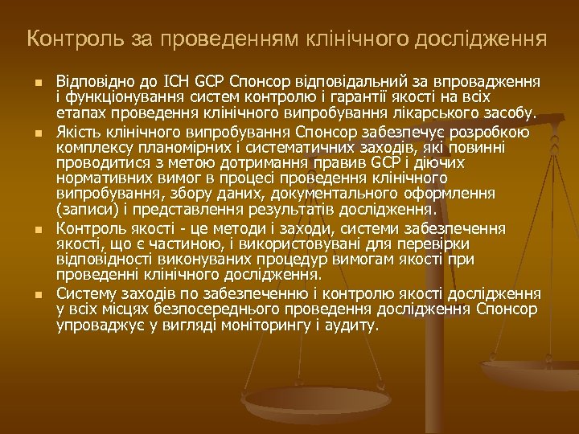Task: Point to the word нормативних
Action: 100,178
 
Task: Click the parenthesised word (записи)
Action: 84,211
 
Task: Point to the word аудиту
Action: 350,325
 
